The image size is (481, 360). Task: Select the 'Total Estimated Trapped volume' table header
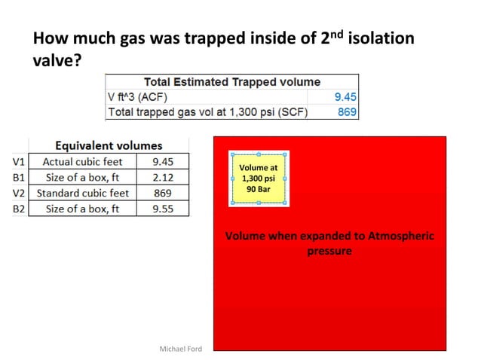point(231,81)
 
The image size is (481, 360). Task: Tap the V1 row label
point(19,161)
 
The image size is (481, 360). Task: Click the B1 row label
point(19,177)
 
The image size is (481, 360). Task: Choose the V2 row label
point(19,193)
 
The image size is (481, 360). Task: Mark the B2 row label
point(19,209)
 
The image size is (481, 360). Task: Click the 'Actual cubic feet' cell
point(82,161)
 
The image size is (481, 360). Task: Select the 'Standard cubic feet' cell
point(82,193)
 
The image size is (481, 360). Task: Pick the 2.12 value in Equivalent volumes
point(163,177)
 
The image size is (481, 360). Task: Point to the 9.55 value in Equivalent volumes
point(163,209)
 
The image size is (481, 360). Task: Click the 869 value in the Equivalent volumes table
point(163,193)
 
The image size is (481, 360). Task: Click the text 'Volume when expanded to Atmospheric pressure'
point(329,243)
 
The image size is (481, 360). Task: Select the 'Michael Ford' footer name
point(181,349)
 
